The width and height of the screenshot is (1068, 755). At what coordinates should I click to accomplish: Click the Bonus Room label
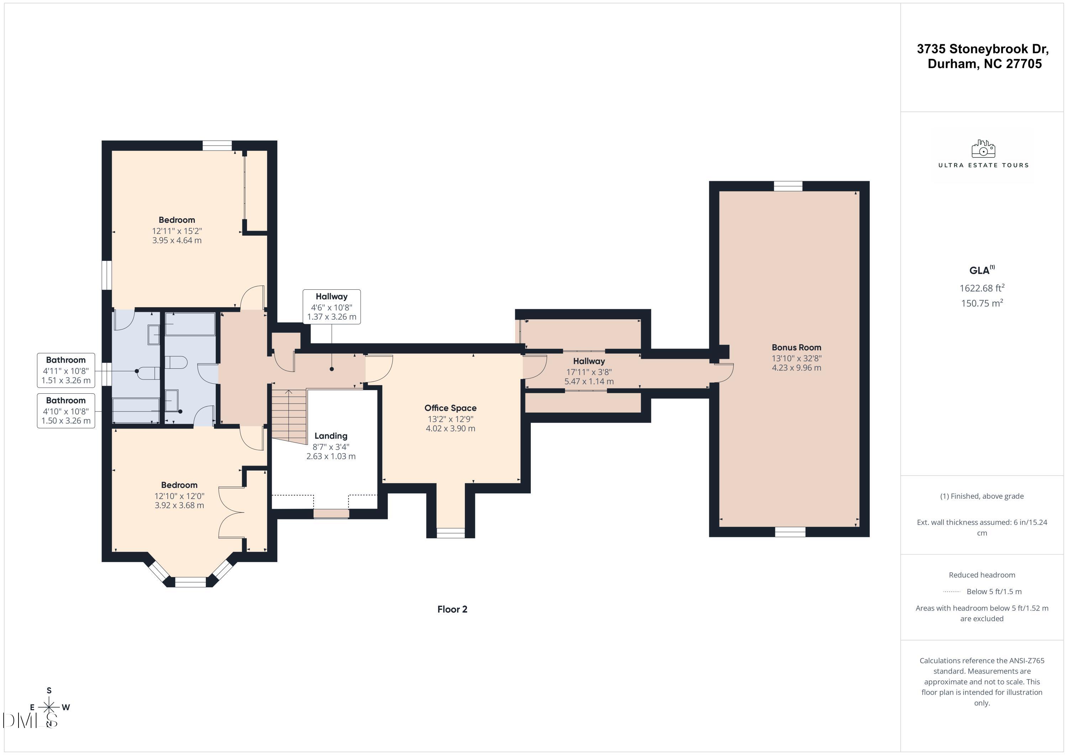point(796,347)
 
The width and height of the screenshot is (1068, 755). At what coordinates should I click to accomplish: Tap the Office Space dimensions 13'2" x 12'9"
point(450,419)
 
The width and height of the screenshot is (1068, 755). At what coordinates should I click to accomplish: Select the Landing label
point(331,436)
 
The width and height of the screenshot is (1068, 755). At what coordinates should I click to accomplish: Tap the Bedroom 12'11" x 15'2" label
point(177,220)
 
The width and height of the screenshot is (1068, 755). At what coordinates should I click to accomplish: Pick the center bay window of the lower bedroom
point(190,582)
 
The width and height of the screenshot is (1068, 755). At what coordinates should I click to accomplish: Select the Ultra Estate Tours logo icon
point(983,149)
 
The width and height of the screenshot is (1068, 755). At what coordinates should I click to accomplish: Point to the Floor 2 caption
point(452,609)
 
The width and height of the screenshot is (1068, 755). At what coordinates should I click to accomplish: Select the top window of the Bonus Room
point(788,186)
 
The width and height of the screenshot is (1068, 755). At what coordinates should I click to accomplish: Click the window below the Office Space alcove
point(450,533)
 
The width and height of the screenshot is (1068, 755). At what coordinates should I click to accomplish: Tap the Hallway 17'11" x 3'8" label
point(589,361)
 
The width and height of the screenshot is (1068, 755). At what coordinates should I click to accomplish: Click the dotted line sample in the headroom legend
point(951,592)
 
